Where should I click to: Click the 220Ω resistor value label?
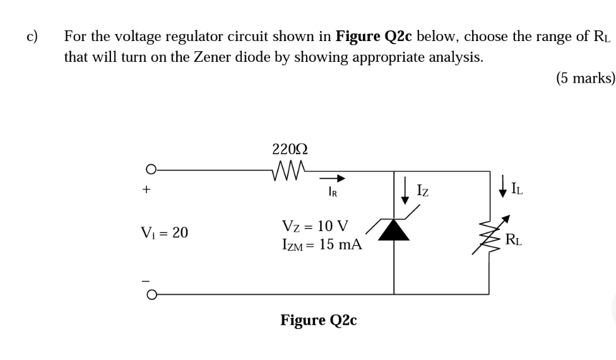point(290,150)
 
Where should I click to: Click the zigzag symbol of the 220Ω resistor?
point(288,169)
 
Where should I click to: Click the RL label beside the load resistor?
point(513,240)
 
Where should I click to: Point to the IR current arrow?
point(336,178)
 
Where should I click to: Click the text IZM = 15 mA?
point(321,245)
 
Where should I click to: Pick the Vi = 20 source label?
point(163,232)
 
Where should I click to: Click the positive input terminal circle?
point(150,170)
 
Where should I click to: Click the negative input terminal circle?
point(150,294)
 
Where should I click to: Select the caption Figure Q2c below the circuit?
point(319,320)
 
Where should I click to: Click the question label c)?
point(32,35)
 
